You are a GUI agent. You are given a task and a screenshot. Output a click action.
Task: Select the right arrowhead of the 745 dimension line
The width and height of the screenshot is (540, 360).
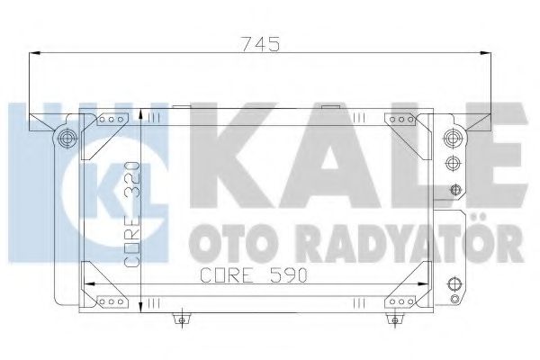(x=488, y=56)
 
